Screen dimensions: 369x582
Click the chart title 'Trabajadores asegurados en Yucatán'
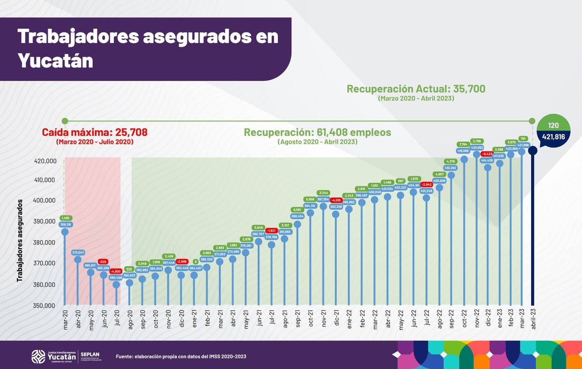point(148,48)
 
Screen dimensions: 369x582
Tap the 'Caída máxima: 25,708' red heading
point(95,132)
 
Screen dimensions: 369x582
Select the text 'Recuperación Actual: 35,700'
point(416,89)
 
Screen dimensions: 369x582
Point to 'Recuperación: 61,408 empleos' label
point(317,132)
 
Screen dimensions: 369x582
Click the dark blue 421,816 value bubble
point(553,136)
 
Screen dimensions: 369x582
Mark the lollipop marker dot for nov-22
point(477,154)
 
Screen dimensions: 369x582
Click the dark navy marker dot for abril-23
point(533,150)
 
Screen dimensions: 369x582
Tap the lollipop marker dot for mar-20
point(65,232)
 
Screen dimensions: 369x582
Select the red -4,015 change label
point(336,200)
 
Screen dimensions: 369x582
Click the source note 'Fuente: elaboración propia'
point(181,356)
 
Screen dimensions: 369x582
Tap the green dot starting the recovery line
point(65,121)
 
